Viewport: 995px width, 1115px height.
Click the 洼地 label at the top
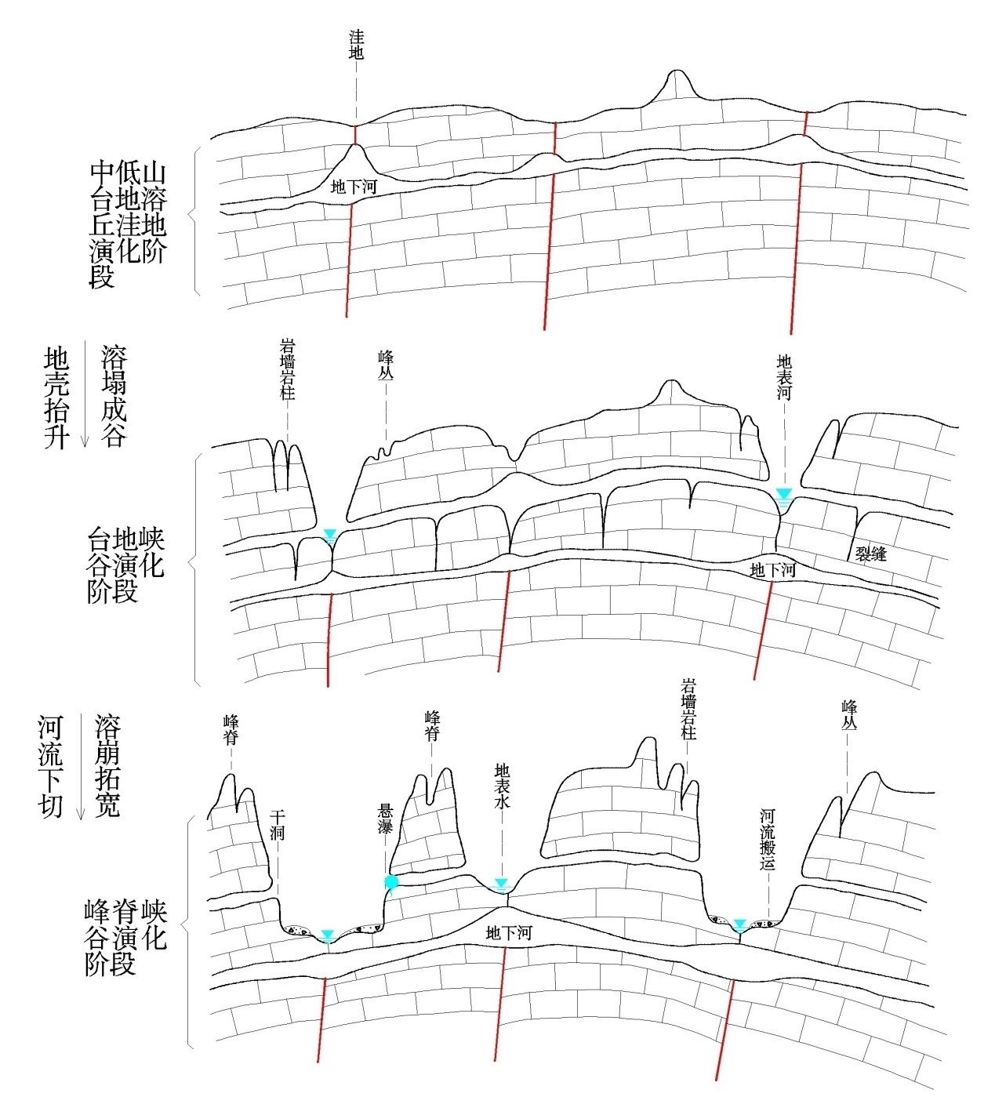point(356,46)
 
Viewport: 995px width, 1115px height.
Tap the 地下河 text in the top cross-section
point(355,187)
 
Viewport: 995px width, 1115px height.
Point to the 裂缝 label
point(870,554)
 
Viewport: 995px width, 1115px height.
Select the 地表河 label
point(784,377)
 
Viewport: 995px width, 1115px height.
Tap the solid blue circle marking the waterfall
point(391,882)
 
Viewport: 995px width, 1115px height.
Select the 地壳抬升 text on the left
point(56,398)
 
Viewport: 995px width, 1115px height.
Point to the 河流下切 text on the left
point(50,765)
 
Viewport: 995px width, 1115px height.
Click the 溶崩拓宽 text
point(107,765)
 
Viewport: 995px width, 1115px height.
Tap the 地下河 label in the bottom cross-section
point(509,933)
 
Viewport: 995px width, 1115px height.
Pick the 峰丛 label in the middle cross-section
point(386,365)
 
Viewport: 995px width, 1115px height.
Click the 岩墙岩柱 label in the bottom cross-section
point(688,710)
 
